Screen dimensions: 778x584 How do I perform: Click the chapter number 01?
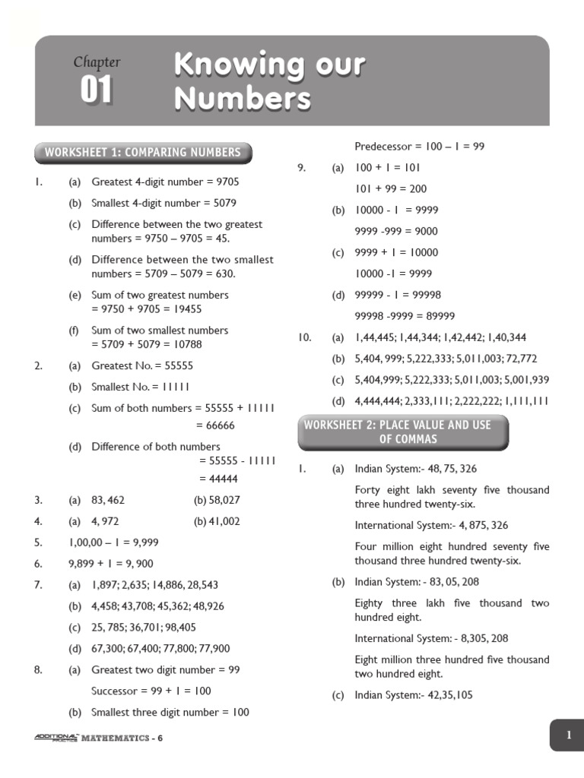97,91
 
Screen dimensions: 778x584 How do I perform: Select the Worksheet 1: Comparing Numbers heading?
143,153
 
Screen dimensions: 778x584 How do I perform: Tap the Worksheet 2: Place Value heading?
398,432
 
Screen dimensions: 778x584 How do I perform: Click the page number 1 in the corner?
567,735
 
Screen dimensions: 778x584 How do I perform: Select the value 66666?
217,425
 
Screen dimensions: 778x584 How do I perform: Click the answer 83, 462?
108,500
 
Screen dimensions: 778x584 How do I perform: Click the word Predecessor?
383,146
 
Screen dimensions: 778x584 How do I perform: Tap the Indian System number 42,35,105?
446,695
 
